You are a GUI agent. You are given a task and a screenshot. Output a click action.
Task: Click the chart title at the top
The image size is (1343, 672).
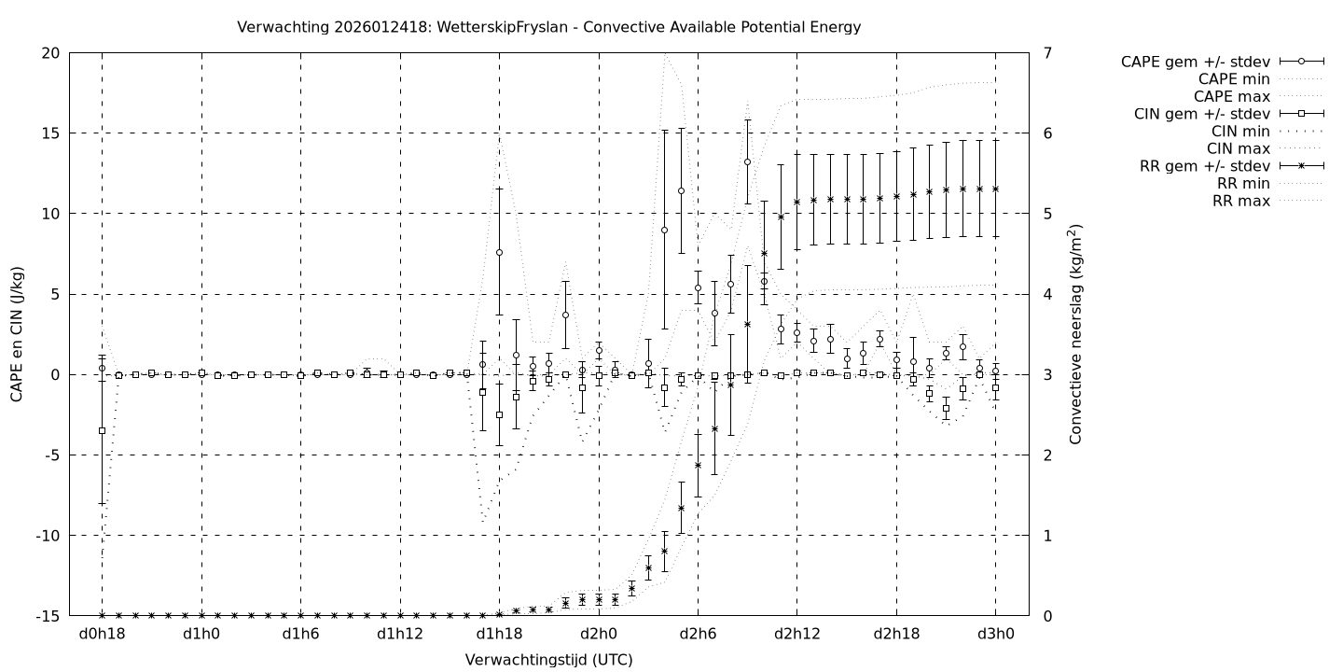pos(549,27)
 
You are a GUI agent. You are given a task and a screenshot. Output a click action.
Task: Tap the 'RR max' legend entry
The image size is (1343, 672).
pos(1240,201)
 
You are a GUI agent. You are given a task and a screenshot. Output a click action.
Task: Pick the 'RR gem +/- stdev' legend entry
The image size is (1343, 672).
pos(1205,166)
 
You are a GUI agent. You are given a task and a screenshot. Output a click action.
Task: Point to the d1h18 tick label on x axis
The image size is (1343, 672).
pos(500,635)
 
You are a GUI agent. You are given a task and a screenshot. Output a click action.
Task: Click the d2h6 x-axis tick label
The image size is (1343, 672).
pos(698,635)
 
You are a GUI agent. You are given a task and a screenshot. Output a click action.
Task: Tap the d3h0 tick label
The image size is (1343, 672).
pos(995,635)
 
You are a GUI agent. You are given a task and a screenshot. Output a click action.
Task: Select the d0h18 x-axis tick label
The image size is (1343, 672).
pos(103,635)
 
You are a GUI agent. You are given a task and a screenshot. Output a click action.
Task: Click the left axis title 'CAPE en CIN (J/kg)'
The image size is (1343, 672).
pos(18,334)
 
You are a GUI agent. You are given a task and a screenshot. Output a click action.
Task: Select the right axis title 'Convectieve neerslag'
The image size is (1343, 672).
pos(1075,334)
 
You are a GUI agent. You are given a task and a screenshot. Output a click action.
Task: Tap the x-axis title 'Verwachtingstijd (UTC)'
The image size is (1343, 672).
pos(549,660)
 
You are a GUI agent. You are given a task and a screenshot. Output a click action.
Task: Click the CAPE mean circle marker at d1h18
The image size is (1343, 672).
pos(500,253)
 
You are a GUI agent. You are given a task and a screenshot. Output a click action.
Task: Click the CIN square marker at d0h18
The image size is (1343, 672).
pos(103,430)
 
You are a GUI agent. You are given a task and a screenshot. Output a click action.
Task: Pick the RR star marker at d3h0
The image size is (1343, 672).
pos(995,189)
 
